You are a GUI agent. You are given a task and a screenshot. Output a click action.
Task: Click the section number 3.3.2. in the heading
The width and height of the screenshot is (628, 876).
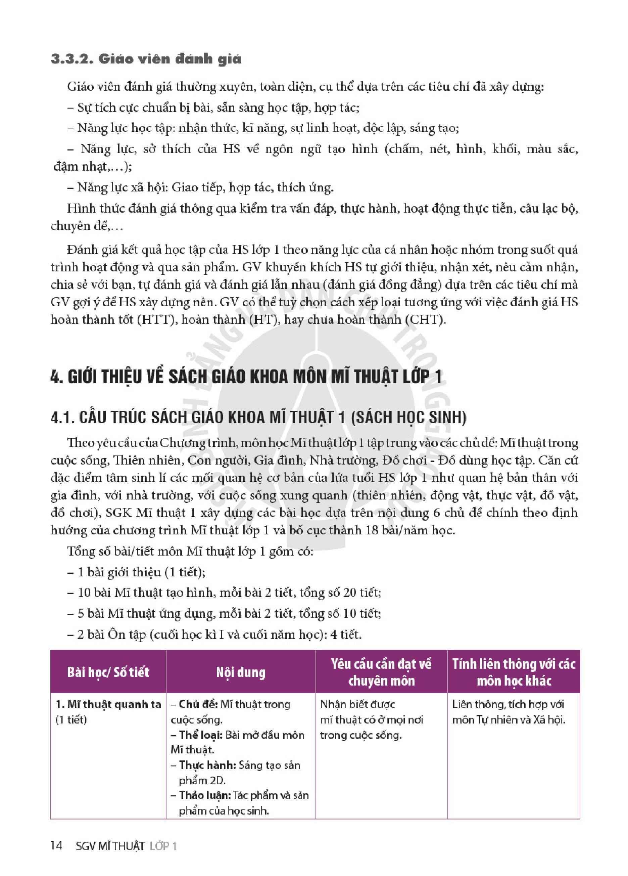(x=71, y=59)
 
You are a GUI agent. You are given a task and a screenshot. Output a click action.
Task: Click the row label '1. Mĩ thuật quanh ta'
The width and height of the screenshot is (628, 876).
(x=108, y=704)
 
